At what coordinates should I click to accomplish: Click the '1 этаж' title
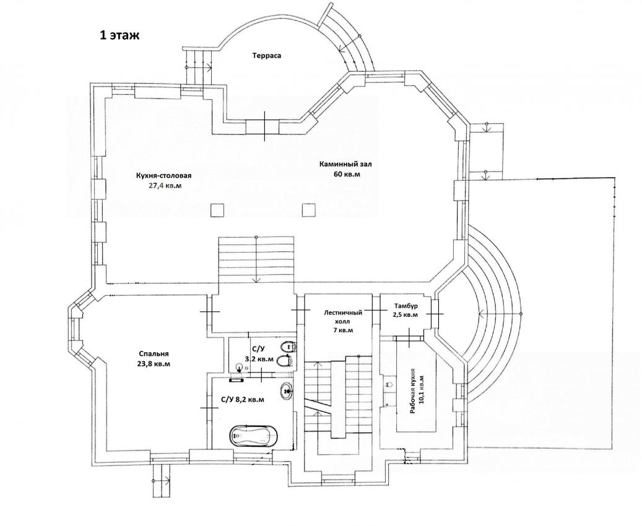[119, 35]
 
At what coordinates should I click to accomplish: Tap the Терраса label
[267, 56]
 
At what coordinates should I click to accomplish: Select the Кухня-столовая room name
[164, 176]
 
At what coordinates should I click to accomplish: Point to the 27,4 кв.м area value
[165, 186]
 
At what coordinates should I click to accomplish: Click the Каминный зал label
[345, 165]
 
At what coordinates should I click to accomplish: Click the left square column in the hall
[217, 210]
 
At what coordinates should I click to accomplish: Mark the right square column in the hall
[309, 210]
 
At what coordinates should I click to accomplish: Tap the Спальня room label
[154, 354]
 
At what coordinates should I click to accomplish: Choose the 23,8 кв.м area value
[154, 363]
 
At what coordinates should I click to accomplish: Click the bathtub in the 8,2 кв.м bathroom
[253, 437]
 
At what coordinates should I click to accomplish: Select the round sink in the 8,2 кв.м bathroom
[286, 391]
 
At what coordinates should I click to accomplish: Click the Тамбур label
[406, 306]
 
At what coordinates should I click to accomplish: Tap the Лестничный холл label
[343, 317]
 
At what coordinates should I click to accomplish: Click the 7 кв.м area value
[343, 330]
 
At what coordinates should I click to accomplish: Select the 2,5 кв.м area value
[406, 315]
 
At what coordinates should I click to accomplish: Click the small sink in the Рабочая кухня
[389, 384]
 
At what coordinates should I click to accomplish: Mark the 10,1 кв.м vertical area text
[422, 389]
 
